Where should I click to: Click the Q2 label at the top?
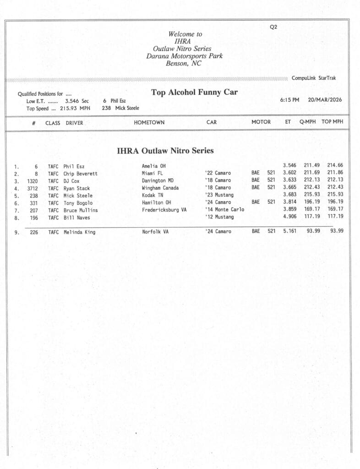click(273, 27)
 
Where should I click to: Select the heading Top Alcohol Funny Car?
click(194, 93)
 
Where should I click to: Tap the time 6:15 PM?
click(289, 100)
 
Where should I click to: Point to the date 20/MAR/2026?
click(325, 100)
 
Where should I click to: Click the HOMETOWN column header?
click(149, 123)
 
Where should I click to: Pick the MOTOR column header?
click(261, 122)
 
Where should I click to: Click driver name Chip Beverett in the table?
click(80, 174)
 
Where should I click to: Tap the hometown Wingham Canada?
click(160, 188)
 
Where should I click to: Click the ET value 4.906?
click(289, 217)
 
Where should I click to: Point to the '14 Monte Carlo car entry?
click(224, 210)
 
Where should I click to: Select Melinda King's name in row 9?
click(79, 232)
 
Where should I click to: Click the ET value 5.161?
click(289, 231)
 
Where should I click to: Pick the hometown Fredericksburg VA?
click(164, 210)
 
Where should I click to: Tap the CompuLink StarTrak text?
click(313, 78)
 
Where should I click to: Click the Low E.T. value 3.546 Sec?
click(77, 101)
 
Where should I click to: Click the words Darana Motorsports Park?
click(184, 56)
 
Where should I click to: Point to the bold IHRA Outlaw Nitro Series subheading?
click(165, 151)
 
